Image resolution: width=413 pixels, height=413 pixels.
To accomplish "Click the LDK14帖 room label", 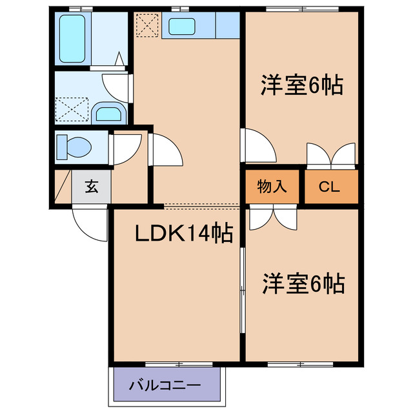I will pyautogui.click(x=183, y=234).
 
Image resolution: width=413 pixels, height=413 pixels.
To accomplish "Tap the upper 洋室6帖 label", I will pyautogui.click(x=301, y=86).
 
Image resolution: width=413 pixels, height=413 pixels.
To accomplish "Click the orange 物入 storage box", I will pyautogui.click(x=272, y=187).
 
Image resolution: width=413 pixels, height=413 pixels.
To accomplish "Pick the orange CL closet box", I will pyautogui.click(x=330, y=187).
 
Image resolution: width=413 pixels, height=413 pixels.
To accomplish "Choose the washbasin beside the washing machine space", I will pyautogui.click(x=107, y=113).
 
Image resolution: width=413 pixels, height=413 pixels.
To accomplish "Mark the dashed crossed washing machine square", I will pyautogui.click(x=72, y=108).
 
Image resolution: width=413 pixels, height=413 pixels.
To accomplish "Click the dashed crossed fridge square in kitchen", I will pyautogui.click(x=146, y=26).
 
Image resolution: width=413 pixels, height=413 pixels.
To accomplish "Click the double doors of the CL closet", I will pyautogui.click(x=331, y=155).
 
